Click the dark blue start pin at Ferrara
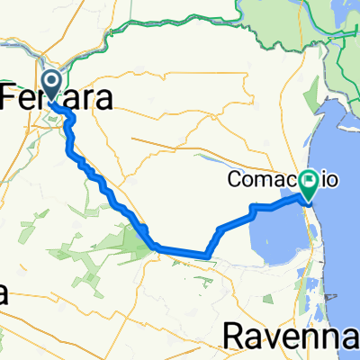click(51, 85)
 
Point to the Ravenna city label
click(290, 335)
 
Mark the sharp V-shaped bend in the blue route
click(211, 256)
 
